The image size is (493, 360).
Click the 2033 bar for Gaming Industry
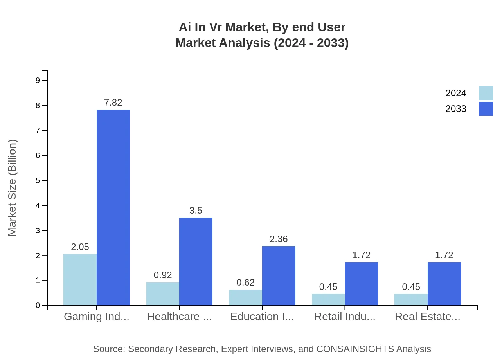113,207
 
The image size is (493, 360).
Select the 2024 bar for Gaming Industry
80,279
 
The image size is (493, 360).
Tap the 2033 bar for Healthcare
196,261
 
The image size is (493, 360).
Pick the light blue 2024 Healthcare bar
163,293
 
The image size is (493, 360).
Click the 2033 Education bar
279,275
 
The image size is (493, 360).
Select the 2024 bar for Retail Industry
328,299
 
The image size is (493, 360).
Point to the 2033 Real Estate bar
444,284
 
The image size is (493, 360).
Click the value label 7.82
113,103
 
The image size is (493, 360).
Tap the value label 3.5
196,211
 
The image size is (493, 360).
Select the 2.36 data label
279,239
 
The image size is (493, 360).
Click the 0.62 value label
245,283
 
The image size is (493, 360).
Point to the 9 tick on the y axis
38,80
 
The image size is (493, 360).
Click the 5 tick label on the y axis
38,180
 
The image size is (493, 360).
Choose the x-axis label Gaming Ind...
96,317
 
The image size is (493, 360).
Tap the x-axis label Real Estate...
427,317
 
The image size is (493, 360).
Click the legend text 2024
456,93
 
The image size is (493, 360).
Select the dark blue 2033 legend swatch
486,109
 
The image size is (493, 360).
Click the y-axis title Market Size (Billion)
13,188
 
